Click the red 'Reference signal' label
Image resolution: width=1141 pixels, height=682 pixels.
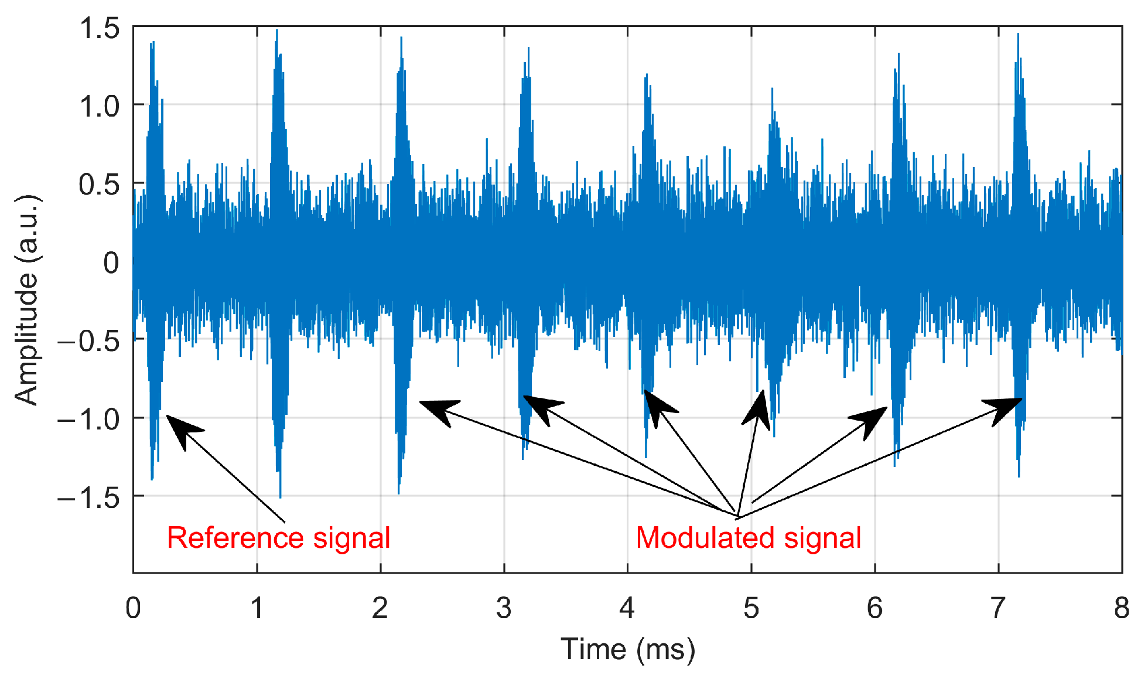[278, 538]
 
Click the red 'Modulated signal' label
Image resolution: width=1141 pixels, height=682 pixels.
[748, 538]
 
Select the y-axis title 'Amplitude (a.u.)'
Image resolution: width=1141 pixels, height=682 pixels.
[27, 300]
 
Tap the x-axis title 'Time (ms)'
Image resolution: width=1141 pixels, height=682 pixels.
[627, 649]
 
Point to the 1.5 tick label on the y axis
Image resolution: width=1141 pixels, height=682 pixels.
[100, 28]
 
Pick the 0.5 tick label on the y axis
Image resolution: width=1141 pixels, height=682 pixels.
[100, 185]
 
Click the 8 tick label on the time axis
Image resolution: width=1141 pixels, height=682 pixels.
[1121, 609]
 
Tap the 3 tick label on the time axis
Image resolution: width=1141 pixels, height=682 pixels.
[504, 609]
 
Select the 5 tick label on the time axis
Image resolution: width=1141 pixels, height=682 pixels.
[751, 609]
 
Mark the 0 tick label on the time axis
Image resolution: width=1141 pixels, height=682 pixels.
[134, 609]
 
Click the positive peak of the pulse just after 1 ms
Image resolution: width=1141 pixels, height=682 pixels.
[277, 30]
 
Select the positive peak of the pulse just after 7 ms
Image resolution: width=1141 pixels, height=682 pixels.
[1018, 34]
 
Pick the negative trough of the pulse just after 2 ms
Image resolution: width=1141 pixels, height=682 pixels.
[399, 493]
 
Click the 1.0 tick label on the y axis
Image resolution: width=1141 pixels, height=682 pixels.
[100, 107]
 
